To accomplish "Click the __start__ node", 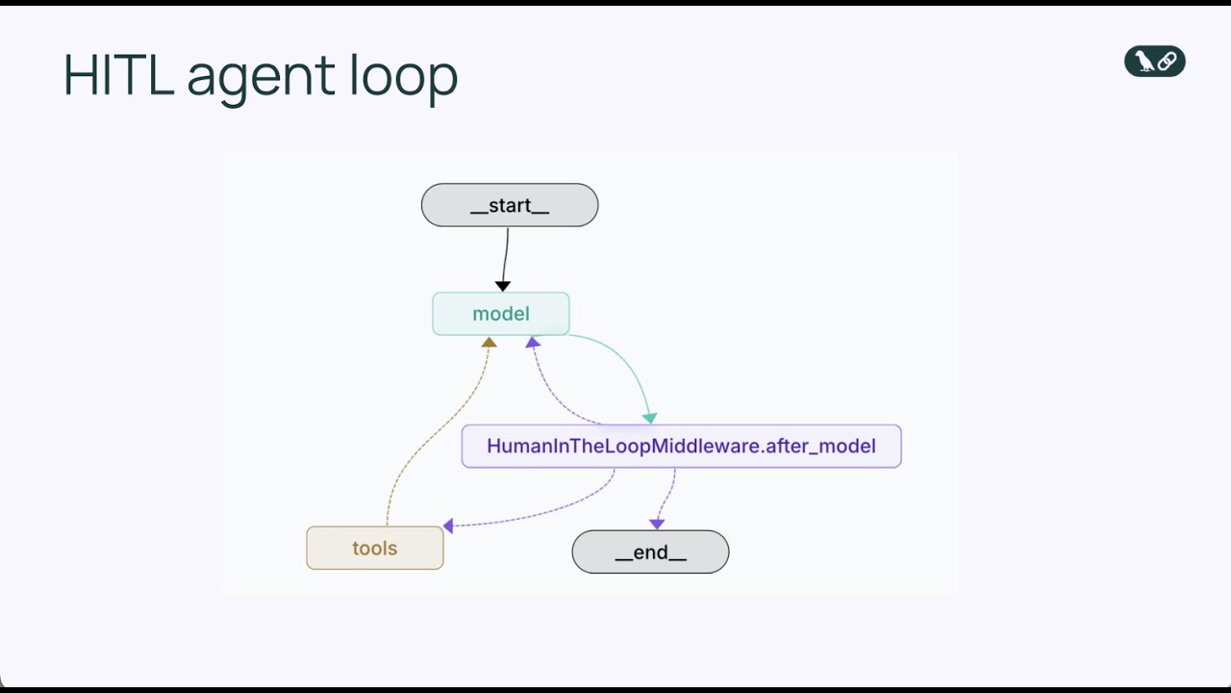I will [510, 205].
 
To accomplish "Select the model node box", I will [501, 314].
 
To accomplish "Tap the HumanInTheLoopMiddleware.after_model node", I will [681, 447].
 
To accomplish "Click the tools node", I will [375, 549].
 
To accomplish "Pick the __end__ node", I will [650, 552].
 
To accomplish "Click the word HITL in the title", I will [117, 75].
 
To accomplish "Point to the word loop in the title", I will [403, 75].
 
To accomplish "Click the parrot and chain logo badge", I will [1154, 62].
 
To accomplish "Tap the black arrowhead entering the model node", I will [502, 286].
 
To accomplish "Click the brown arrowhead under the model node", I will [489, 342].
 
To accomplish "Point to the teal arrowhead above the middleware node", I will [650, 418].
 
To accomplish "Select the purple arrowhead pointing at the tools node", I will [448, 526].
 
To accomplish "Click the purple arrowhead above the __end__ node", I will [657, 524].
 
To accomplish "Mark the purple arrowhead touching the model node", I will [532, 342].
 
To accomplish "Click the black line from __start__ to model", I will [506, 254].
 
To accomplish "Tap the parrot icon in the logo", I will [1143, 62].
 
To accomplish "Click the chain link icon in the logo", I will [1167, 62].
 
